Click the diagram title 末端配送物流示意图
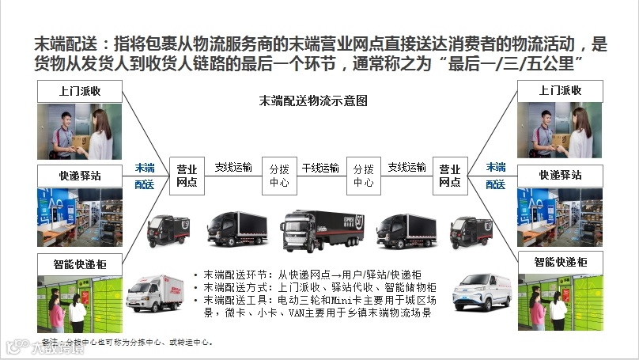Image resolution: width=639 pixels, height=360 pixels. tap(313, 101)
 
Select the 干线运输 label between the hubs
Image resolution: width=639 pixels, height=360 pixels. tap(320, 169)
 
